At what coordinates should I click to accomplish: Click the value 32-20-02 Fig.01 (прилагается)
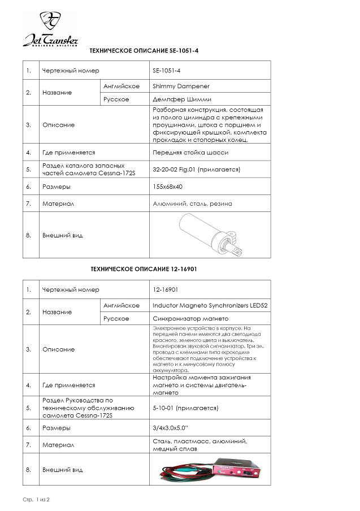coord(196,169)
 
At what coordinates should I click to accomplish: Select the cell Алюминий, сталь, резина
coord(192,203)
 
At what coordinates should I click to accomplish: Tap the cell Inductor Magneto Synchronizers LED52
coord(210,305)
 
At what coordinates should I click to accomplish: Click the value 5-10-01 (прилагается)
coord(185,408)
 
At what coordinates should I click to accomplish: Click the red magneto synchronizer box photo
coord(238,469)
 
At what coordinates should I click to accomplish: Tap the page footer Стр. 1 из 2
coord(37,500)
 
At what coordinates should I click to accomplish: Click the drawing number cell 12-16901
coord(166,289)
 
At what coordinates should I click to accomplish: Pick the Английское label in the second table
coord(122,305)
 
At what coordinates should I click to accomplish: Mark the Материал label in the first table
coord(58,203)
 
